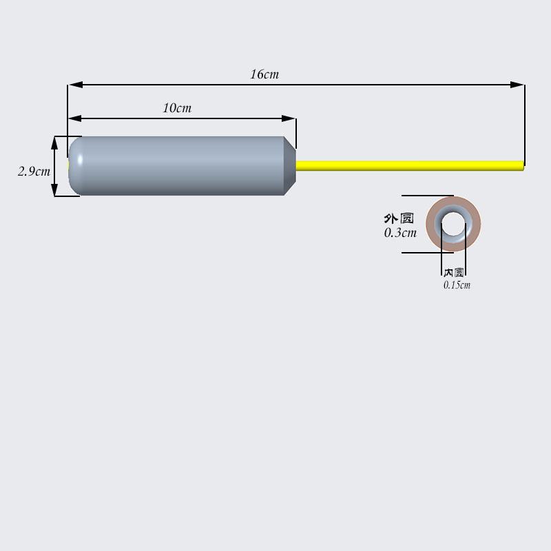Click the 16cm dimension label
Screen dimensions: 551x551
coord(264,74)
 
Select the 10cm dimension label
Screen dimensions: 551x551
coord(177,108)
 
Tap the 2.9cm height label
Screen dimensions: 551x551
coord(34,171)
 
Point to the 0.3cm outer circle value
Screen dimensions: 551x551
coord(400,233)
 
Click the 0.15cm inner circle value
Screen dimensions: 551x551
coord(457,284)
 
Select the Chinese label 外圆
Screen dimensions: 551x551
coord(399,218)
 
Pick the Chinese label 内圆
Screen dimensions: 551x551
coord(454,273)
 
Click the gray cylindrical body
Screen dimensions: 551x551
coord(179,165)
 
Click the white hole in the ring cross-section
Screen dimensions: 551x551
coord(453,224)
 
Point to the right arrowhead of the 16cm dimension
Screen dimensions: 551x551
coord(517,85)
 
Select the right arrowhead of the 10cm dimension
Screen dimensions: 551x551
coord(289,118)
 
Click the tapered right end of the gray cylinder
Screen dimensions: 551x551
coord(290,165)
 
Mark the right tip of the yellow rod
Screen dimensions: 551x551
coord(522,165)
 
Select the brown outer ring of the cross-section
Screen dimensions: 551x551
coord(433,224)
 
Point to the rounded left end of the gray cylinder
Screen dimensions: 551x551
coord(74,165)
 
